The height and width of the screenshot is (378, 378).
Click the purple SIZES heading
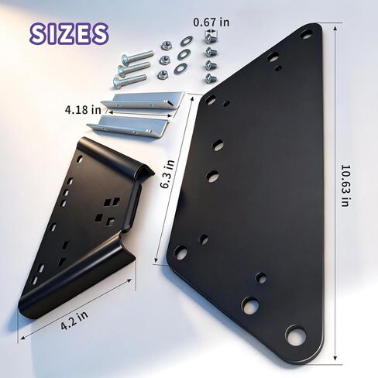point(69,33)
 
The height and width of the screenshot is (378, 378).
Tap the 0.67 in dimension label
point(211,22)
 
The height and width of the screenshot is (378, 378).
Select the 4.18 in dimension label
point(83,110)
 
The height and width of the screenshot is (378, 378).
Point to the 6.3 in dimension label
point(167,174)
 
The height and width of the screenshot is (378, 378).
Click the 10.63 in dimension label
point(345,185)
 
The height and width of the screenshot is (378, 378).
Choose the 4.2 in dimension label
point(74,320)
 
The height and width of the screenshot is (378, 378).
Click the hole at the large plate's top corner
point(306,34)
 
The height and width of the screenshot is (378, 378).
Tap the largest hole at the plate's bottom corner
point(296,335)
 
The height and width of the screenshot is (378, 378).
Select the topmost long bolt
point(137,57)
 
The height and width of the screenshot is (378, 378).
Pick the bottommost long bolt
point(129,81)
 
